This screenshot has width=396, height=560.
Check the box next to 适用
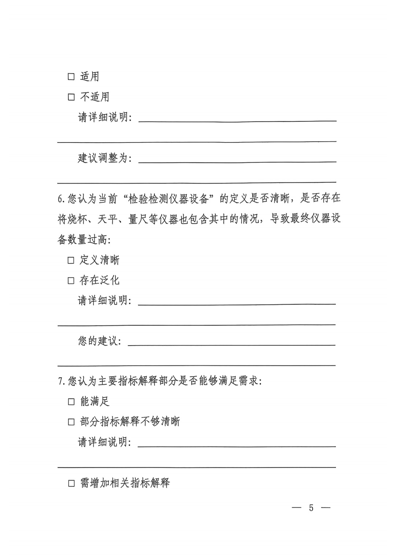pyautogui.click(x=71, y=77)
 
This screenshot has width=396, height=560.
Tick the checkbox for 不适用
pyautogui.click(x=71, y=97)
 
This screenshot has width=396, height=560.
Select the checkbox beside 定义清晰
pyautogui.click(x=71, y=260)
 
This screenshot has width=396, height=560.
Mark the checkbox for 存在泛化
pyautogui.click(x=71, y=281)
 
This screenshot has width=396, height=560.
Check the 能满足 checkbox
pyautogui.click(x=71, y=402)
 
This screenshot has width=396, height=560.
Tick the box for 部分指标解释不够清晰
pyautogui.click(x=71, y=422)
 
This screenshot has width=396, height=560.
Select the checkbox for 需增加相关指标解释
pyautogui.click(x=71, y=483)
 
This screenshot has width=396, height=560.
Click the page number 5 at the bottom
pyautogui.click(x=311, y=508)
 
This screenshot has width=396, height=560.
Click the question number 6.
pyautogui.click(x=61, y=199)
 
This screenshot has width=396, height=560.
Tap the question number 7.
pyautogui.click(x=61, y=382)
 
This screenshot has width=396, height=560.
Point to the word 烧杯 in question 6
pyautogui.click(x=77, y=219)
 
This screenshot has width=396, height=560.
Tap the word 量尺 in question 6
pyautogui.click(x=138, y=219)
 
